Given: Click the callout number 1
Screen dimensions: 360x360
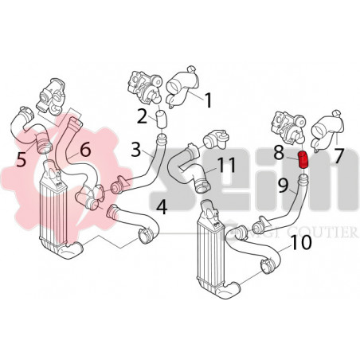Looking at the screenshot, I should pyautogui.click(x=208, y=100).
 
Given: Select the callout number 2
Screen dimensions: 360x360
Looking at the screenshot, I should pyautogui.click(x=142, y=116).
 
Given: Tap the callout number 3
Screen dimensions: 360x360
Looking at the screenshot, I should pyautogui.click(x=136, y=149).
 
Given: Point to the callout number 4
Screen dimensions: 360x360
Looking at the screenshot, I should pyautogui.click(x=162, y=209).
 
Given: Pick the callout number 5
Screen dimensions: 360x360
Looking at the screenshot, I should pyautogui.click(x=22, y=158).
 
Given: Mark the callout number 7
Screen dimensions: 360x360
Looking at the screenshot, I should pyautogui.click(x=339, y=154).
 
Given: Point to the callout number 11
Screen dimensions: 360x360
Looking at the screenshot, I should pyautogui.click(x=227, y=166).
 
